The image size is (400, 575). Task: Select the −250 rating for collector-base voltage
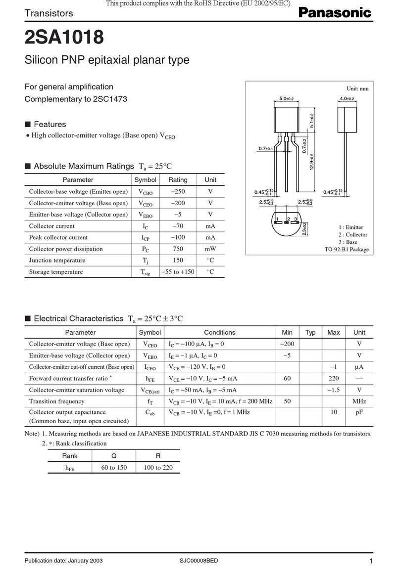coord(178,191)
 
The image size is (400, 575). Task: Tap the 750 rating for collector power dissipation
coord(178,249)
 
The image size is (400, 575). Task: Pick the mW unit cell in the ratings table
coord(210,249)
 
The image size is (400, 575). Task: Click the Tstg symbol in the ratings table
coord(145,272)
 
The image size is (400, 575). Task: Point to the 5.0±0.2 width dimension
coord(287,99)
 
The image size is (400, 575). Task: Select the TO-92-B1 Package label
coord(347,250)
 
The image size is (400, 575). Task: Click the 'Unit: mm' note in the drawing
coord(357,88)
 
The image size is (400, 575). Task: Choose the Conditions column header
coord(219,332)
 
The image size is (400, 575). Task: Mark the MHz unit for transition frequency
coord(359,401)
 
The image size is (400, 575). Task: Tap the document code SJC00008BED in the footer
coord(199,560)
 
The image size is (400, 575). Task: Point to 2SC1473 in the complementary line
coord(110,99)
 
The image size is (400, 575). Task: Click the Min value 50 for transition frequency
coord(287,401)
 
